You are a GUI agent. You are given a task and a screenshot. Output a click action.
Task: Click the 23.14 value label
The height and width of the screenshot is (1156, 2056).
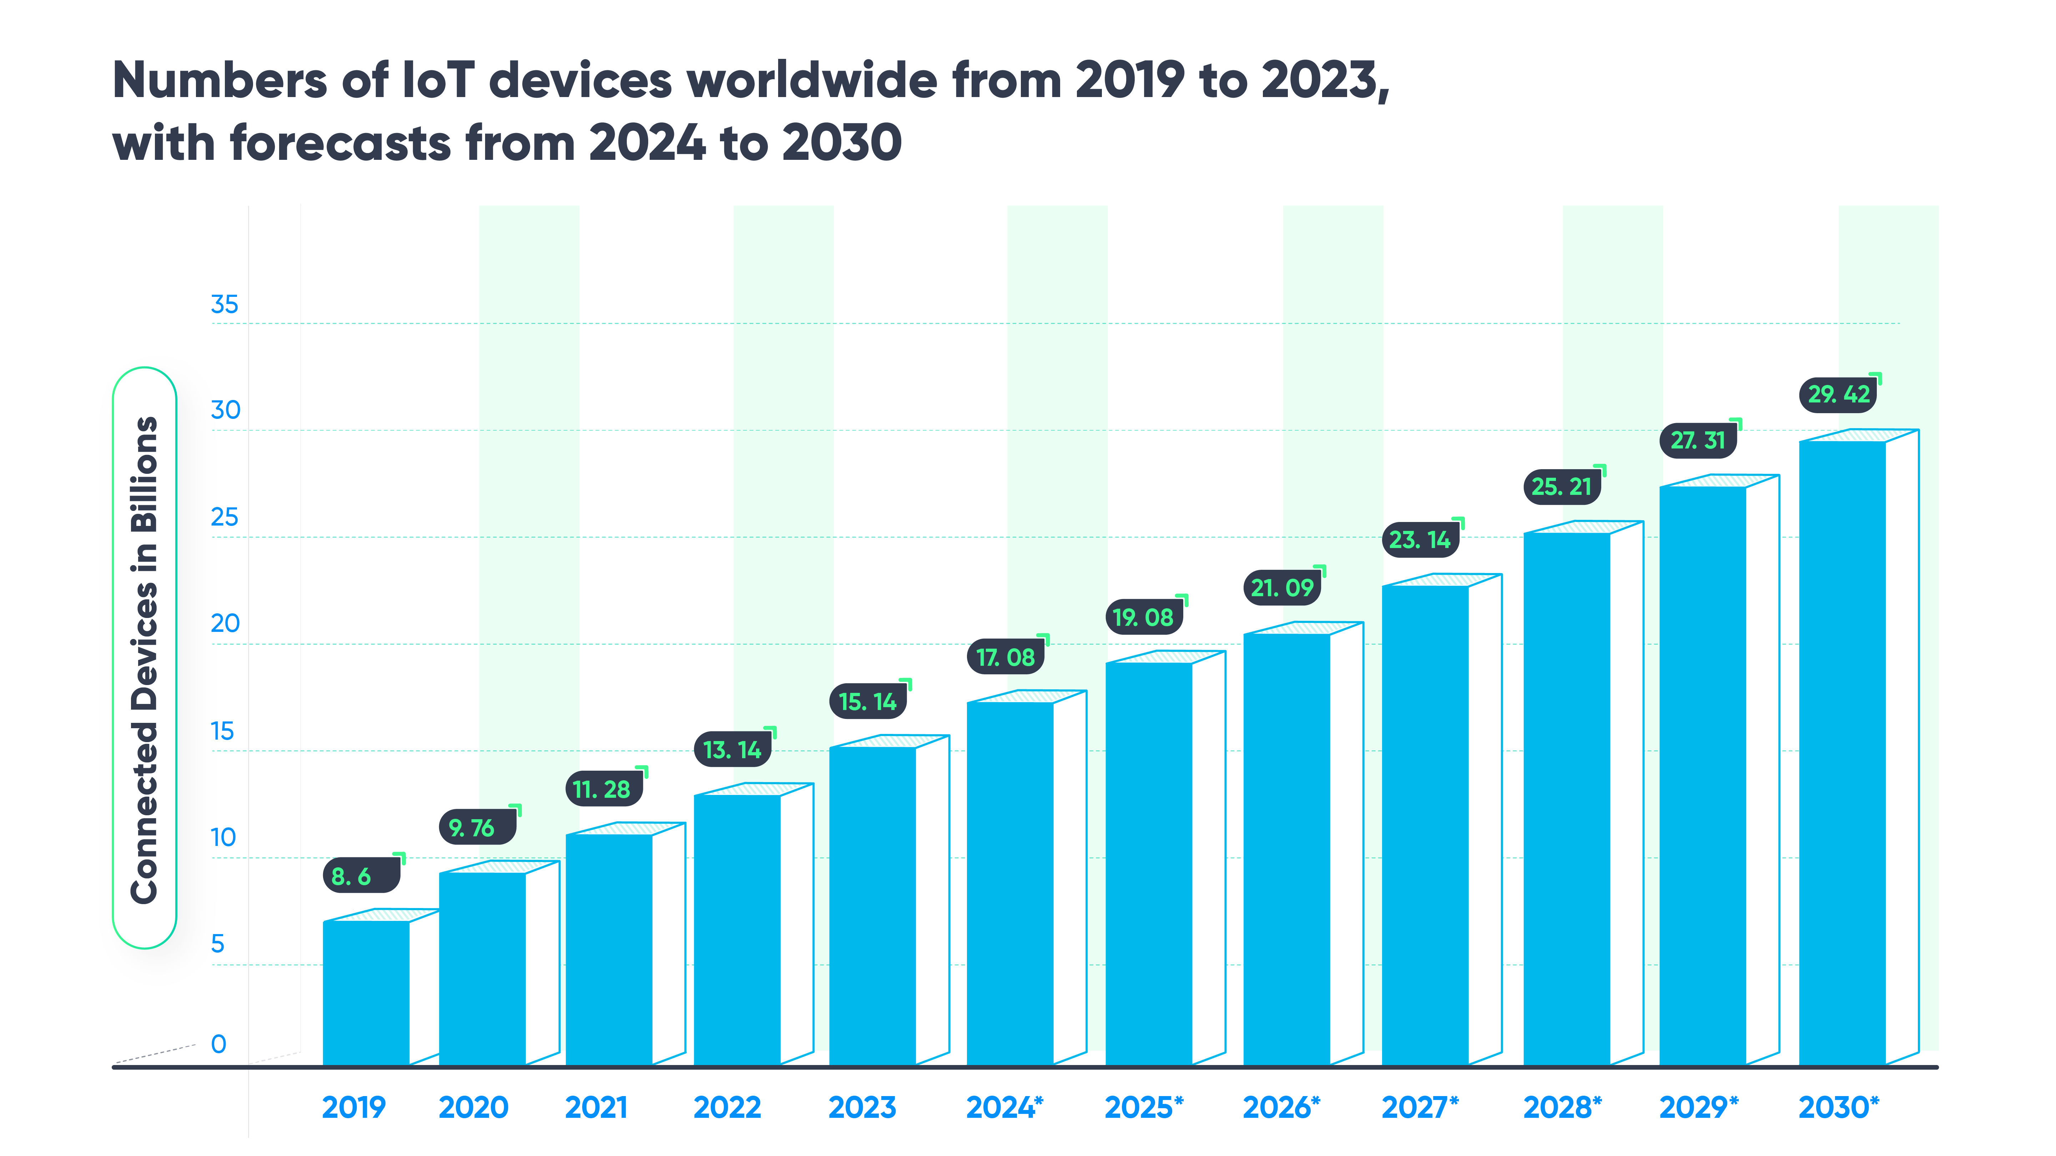(1420, 540)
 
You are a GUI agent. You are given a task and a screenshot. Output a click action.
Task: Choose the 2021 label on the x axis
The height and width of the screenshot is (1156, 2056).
(596, 1107)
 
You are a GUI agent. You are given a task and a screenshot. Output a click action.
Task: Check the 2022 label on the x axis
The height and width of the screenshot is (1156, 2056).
(727, 1107)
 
